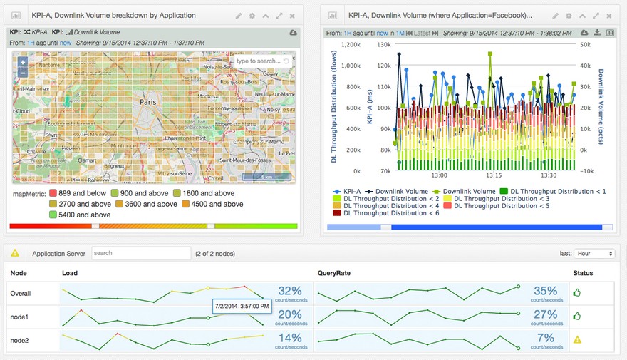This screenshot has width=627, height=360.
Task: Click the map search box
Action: point(260,61)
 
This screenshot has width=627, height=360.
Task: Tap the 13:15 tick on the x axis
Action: point(493,175)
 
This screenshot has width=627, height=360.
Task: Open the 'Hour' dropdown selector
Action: point(596,254)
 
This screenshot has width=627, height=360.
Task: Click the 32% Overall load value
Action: point(290,291)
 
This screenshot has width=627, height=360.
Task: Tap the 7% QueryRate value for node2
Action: point(545,338)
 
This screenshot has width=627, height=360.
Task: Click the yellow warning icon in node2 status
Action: point(577,339)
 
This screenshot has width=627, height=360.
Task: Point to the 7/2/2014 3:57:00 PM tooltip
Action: point(242,306)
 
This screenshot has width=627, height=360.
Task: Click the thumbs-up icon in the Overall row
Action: point(577,292)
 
